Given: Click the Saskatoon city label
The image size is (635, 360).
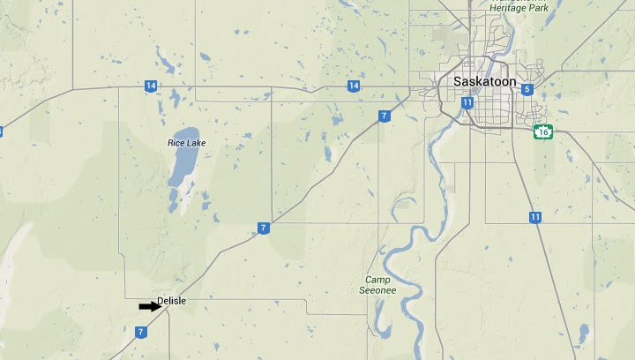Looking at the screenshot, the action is point(484,81).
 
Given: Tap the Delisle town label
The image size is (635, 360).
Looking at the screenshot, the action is point(171,302).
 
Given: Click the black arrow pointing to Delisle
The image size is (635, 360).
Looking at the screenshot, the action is point(149,306).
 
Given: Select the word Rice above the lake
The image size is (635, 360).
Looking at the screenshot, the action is point(176,143).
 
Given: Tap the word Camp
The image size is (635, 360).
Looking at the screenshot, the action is point(377,280).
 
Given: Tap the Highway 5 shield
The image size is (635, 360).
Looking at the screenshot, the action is point(527,89).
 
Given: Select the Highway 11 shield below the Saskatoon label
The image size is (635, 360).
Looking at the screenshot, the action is point(467,102).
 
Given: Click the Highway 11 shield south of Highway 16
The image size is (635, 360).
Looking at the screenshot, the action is point(535,217).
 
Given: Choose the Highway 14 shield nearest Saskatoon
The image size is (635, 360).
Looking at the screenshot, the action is point(353,86).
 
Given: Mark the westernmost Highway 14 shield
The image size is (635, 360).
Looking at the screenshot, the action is point(152,86).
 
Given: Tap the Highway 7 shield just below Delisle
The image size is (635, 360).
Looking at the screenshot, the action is point(140,333).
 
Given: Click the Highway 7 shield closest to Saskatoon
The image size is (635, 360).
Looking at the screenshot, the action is point(384,116).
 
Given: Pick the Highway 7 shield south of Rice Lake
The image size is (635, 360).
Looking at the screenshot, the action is point(263,229).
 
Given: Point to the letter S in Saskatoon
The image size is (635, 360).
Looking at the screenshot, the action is point(457,81).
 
